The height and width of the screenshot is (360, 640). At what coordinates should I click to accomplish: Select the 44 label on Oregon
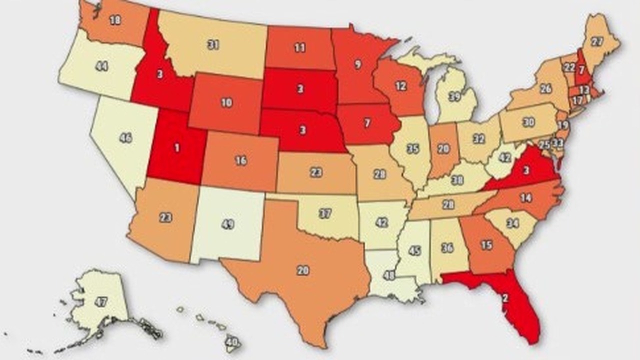[101, 66]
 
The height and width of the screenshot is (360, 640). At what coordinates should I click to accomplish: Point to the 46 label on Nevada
[125, 138]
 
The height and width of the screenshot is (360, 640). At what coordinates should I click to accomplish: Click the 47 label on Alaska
[101, 301]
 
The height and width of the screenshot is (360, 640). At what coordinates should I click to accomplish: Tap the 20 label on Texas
[302, 270]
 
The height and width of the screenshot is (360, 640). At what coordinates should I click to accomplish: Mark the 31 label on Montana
[213, 44]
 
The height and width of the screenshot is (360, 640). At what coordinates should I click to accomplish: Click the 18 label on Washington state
[115, 20]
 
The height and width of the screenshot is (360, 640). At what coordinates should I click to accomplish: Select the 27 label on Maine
[597, 41]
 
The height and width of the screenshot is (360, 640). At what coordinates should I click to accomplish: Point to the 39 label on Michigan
[454, 97]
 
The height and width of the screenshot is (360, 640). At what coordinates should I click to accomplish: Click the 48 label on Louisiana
[388, 276]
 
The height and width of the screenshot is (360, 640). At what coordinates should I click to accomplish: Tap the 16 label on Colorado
[241, 161]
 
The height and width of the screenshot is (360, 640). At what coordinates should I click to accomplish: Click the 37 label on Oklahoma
[325, 213]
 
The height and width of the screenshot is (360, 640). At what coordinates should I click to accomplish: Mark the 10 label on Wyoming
[226, 102]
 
